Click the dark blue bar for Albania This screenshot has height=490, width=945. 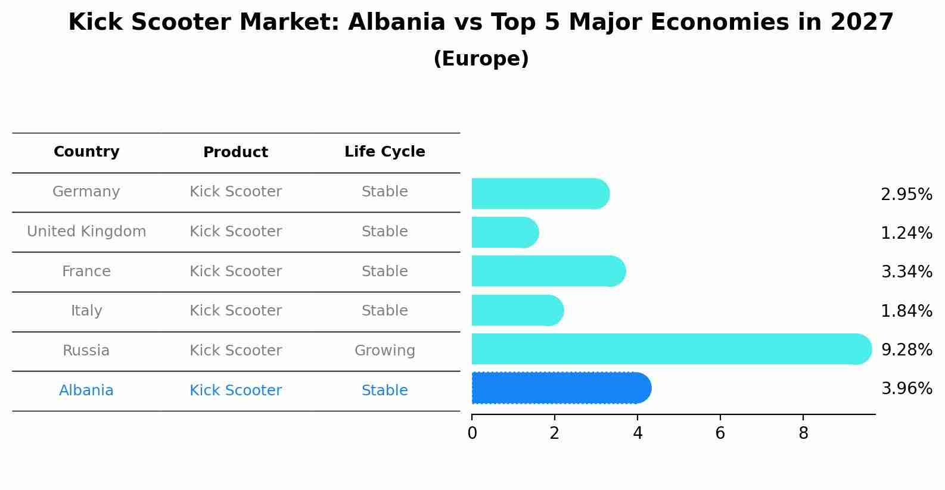click(560, 388)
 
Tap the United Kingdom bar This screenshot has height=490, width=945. click(504, 232)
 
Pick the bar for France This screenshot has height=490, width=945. click(548, 271)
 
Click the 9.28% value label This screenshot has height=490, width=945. click(906, 349)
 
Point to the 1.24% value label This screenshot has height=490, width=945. click(906, 233)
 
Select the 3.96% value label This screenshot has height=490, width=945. click(906, 389)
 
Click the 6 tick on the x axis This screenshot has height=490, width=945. click(720, 433)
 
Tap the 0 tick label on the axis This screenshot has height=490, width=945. click(472, 433)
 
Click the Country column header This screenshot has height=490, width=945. click(86, 152)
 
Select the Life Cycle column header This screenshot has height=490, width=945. click(384, 152)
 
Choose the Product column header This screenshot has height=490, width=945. click(235, 152)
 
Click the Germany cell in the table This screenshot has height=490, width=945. click(86, 192)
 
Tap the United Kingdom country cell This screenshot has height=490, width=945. click(86, 232)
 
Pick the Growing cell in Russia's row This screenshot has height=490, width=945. click(384, 351)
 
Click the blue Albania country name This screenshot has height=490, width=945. click(86, 391)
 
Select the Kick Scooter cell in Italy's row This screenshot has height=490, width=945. click(235, 311)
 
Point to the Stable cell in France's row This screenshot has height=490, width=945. click(384, 271)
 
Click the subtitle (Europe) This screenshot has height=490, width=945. click(481, 59)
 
